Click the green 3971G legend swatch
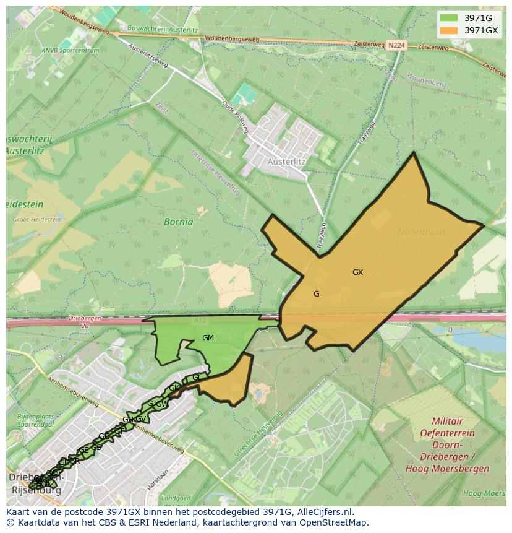(448, 17)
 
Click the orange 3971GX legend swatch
(448, 30)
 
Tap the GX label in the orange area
(357, 272)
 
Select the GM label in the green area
(208, 338)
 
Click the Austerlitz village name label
(287, 162)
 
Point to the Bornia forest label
(178, 222)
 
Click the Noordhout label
(421, 232)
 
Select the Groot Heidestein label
(36, 219)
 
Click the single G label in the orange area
(316, 294)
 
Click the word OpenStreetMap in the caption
(336, 522)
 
